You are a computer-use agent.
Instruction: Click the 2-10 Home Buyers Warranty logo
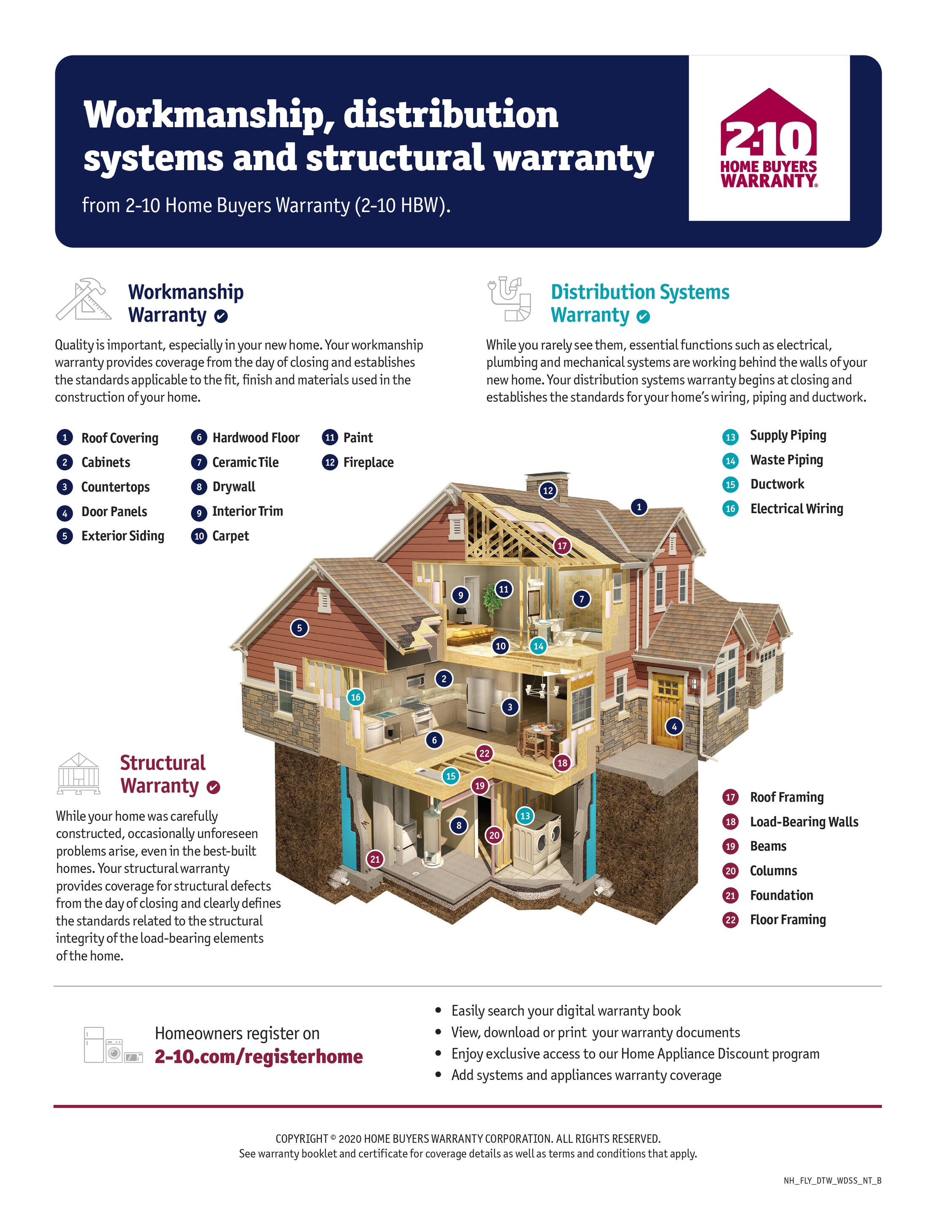pyautogui.click(x=769, y=138)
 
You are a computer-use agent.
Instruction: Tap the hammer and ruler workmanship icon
pyautogui.click(x=81, y=299)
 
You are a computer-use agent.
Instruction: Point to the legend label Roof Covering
pyautogui.click(x=120, y=438)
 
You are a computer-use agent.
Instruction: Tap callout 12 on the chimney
pyautogui.click(x=548, y=490)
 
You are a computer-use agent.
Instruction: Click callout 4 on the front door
pyautogui.click(x=674, y=726)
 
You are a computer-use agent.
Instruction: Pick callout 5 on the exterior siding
pyautogui.click(x=299, y=628)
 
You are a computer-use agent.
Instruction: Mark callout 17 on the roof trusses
pyautogui.click(x=562, y=545)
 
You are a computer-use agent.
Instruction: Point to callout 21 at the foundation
pyautogui.click(x=375, y=859)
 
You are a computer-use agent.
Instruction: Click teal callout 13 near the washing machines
pyautogui.click(x=525, y=815)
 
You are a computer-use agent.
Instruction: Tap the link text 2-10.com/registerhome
pyautogui.click(x=259, y=1056)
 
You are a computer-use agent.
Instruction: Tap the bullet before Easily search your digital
pyautogui.click(x=439, y=1010)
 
